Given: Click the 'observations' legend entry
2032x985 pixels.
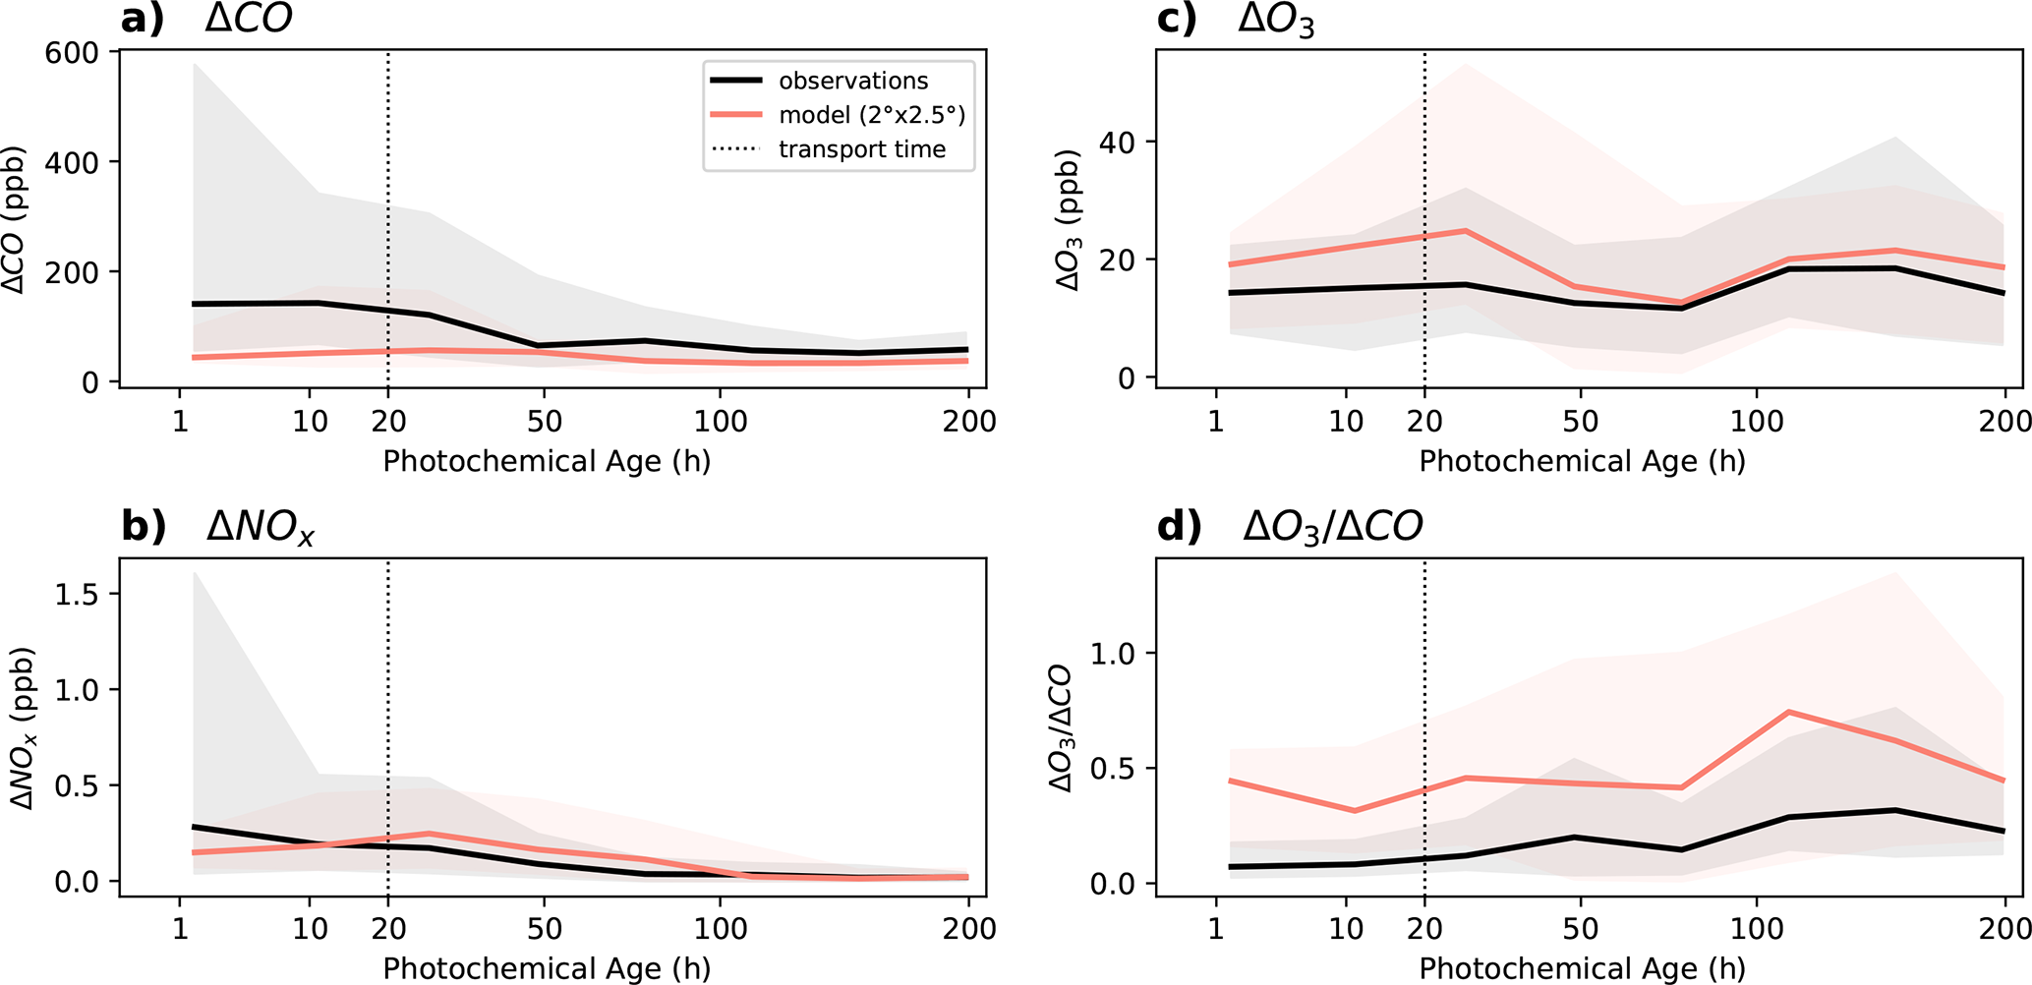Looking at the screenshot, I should pos(852,81).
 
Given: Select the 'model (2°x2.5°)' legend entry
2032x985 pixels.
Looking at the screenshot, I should pos(871,115).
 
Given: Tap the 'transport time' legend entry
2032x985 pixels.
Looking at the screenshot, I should pos(861,149).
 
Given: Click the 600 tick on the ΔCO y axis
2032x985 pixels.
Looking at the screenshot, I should pos(72,52).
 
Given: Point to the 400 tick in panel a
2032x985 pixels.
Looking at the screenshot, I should pos(72,162).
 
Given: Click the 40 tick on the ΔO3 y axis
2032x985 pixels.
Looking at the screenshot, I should pos(1117,143).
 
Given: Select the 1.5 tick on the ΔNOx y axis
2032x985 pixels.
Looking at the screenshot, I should pos(78,595).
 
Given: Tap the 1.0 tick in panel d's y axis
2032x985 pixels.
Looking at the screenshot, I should pos(1115,654).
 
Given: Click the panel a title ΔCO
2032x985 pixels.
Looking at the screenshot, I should pos(249,20).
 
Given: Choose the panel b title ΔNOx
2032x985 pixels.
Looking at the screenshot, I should pos(261,528).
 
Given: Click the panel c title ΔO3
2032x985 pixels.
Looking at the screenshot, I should pos(1276,20).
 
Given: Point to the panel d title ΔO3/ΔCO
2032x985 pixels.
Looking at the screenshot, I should pos(1332,528).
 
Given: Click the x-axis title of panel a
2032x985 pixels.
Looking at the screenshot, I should pos(547,461).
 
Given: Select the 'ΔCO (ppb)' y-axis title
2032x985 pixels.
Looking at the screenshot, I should pos(14,220).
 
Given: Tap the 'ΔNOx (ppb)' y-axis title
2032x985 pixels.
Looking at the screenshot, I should pos(22,728).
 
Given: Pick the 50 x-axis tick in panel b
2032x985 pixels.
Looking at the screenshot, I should pos(544,929).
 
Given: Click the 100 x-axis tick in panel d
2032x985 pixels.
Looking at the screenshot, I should pos(1757,929).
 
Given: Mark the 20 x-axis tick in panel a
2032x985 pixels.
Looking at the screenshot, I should pos(388,422).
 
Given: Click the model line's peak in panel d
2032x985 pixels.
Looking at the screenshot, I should pos(1787,712).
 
